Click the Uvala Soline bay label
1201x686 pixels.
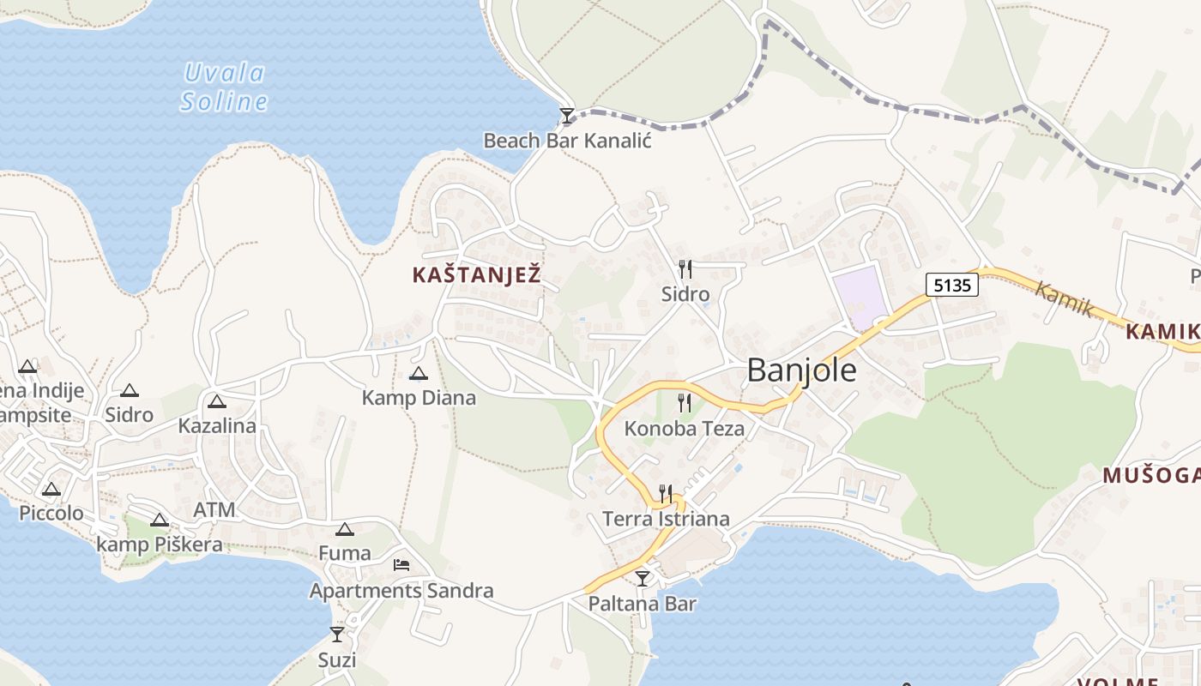[x=225, y=87]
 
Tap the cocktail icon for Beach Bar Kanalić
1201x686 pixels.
[x=566, y=116]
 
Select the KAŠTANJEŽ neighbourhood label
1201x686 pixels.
[x=476, y=275]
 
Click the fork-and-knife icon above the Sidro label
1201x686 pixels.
[x=685, y=269]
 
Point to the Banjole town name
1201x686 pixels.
[x=801, y=370]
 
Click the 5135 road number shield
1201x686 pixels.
[x=951, y=285]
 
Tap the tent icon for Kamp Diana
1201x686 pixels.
[x=418, y=373]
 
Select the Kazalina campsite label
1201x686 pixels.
[x=217, y=425]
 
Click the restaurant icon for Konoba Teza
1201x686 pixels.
[x=684, y=402]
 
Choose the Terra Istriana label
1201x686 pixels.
[x=666, y=519]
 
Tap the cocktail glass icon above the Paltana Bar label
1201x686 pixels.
[x=642, y=579]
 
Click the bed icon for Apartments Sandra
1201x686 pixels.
[x=401, y=565]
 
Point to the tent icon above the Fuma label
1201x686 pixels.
[x=344, y=529]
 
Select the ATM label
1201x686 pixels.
[x=214, y=510]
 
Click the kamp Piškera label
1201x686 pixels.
[x=159, y=545]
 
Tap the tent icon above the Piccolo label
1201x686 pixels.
[x=51, y=490]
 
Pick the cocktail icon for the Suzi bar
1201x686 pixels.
[x=336, y=635]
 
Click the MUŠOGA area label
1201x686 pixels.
[x=1150, y=475]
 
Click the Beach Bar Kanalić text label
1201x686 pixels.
[x=567, y=141]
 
